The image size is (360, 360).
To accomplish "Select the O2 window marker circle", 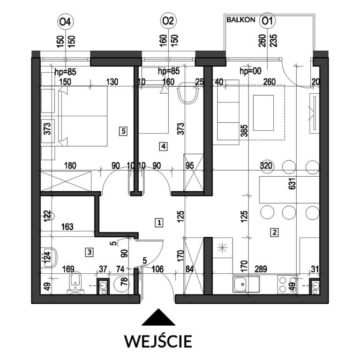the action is coord(168,21).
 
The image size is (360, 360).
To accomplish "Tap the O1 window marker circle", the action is coord(268,21).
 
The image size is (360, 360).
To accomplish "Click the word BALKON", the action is coord(240,20).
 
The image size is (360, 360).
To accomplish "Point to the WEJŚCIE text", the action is coord(158,341).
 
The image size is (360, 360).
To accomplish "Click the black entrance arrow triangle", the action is coord(158,317).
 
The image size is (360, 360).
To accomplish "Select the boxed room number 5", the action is coord(123,132).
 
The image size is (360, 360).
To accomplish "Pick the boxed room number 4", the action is coord(163,146).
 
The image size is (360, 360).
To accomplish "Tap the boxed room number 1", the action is coord(159,223).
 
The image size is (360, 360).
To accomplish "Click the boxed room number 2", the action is coord(274,232).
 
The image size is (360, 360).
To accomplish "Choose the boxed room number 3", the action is coord(90,252).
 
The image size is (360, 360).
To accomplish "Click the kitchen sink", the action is coord(246,284).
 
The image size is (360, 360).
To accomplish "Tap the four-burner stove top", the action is coord(287,285).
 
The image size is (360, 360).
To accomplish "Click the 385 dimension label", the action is coord(244,131).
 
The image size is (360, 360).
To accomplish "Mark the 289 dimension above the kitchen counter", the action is coord(261,269).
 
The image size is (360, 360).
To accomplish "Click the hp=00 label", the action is coord(250,71).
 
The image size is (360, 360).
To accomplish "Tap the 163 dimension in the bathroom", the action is coord(67,227).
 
